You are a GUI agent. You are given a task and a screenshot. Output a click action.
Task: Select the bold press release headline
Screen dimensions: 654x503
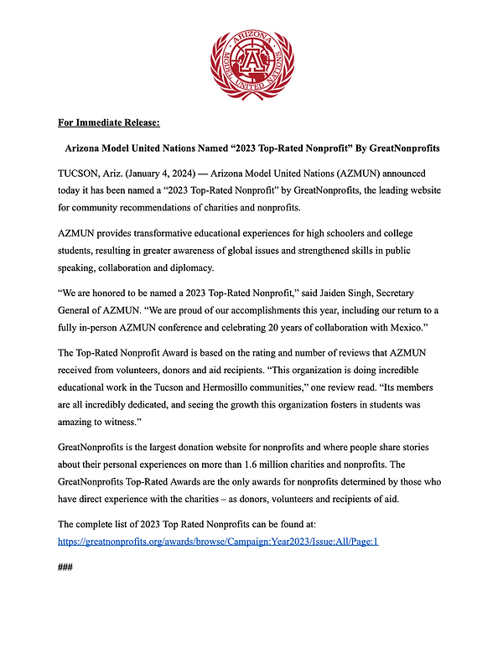coord(252,148)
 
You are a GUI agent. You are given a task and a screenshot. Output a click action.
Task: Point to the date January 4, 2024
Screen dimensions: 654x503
coord(174,174)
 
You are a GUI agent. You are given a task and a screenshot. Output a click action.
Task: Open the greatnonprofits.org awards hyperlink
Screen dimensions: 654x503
coord(218,541)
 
